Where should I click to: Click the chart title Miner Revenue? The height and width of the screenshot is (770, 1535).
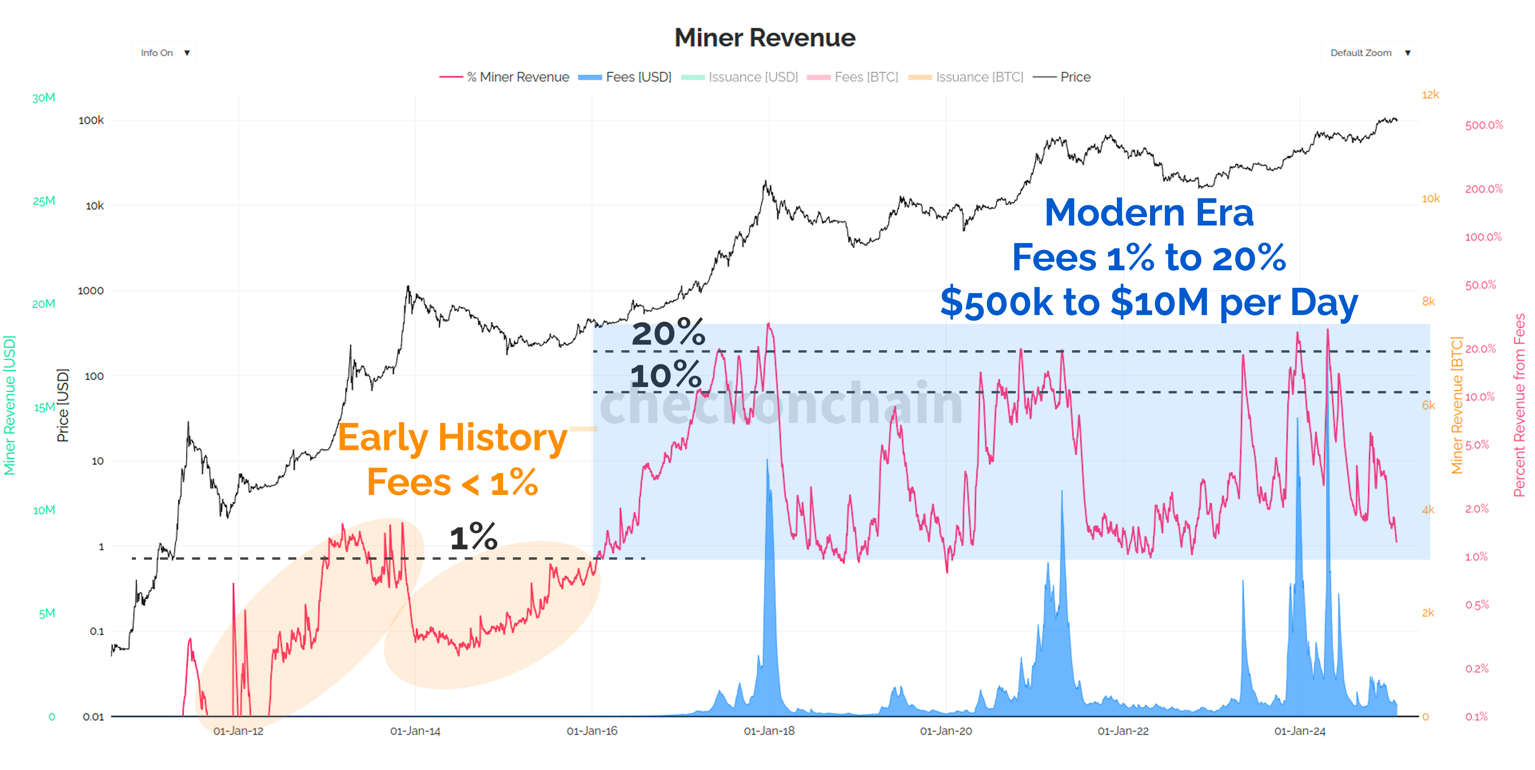point(765,38)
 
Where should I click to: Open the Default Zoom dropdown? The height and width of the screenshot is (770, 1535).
point(1368,53)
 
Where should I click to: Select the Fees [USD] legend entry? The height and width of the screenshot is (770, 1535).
point(625,77)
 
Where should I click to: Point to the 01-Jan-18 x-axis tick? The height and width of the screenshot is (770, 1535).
point(769,731)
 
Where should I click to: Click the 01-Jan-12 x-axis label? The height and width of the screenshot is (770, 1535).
point(238,731)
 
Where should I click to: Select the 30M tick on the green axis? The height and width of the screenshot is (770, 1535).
point(44,98)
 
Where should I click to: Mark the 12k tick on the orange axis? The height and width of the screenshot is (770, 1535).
point(1430,95)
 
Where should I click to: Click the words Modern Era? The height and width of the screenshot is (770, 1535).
point(1148,213)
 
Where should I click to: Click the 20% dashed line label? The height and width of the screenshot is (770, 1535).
point(668,333)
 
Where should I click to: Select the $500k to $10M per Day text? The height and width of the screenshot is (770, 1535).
point(1148,303)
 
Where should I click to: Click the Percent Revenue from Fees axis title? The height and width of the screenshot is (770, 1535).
point(1519,405)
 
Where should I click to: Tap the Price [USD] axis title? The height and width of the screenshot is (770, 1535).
point(63,405)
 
